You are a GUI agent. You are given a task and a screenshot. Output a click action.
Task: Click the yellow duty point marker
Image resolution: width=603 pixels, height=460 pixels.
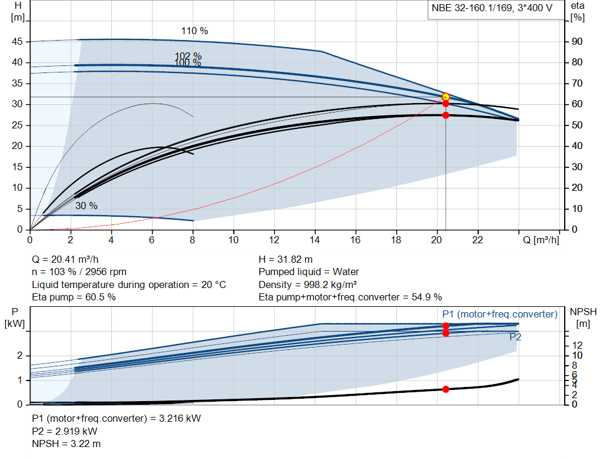[446, 97]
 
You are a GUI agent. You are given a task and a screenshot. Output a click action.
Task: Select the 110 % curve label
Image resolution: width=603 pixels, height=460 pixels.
[194, 31]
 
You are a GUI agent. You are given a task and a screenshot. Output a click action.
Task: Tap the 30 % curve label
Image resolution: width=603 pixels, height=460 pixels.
[86, 206]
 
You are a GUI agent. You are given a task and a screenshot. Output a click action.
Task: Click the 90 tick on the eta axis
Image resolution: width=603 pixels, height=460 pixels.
[577, 42]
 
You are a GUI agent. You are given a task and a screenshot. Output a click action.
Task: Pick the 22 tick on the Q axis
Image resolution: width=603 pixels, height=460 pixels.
[478, 240]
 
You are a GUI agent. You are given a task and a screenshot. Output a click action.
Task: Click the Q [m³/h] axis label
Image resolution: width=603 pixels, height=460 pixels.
[541, 240]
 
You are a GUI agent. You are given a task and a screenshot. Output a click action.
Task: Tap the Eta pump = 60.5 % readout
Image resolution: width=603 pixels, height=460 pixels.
[74, 297]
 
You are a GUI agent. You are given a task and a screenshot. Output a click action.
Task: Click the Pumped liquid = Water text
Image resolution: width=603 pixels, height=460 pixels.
[309, 272]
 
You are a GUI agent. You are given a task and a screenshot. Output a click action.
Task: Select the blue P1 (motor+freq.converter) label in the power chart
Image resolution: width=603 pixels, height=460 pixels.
[499, 315]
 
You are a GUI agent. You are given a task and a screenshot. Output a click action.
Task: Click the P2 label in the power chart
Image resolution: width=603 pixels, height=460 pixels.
[515, 337]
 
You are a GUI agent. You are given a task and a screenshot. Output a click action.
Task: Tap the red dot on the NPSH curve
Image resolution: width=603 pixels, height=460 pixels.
[446, 389]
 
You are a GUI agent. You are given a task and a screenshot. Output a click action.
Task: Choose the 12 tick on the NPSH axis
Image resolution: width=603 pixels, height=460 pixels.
[577, 345]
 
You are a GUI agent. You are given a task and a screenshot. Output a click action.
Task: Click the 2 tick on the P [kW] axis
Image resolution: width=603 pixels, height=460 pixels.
[19, 356]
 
